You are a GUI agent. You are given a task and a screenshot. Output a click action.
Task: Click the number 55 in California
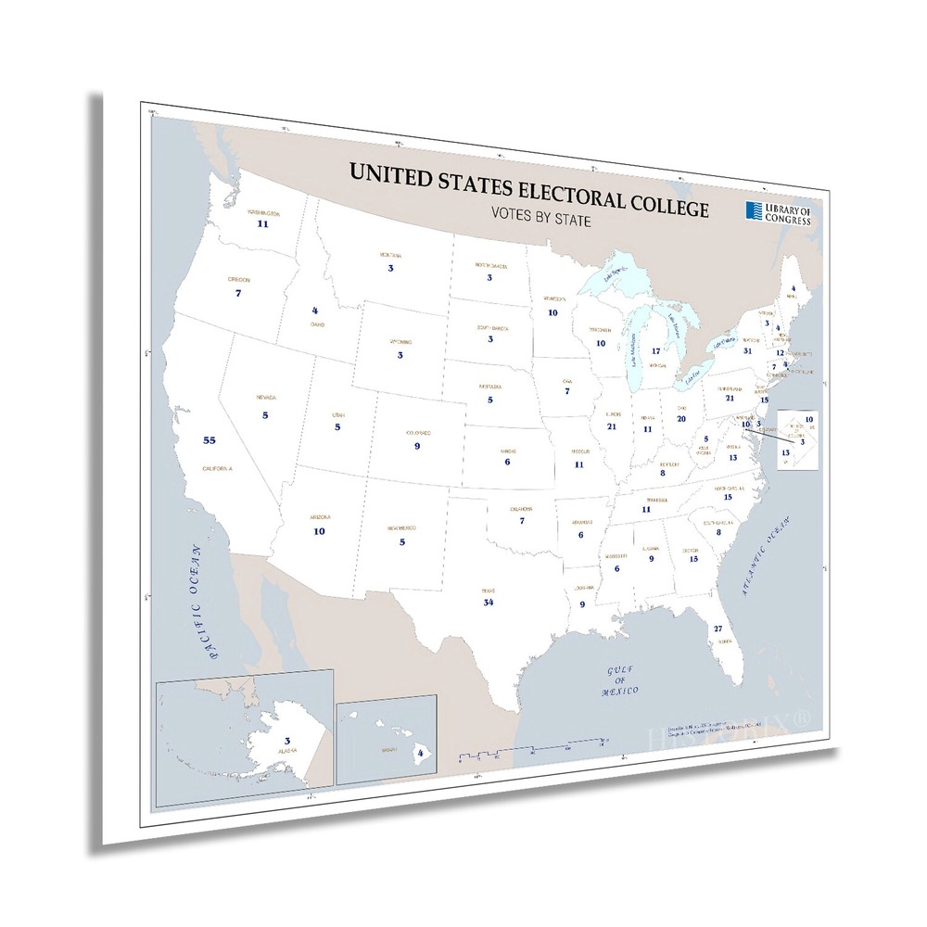coord(209,440)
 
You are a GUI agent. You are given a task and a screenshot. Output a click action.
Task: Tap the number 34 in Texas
coord(489,603)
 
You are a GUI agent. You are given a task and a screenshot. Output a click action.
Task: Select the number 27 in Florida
coord(717,629)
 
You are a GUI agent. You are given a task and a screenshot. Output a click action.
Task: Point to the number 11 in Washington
coord(263,223)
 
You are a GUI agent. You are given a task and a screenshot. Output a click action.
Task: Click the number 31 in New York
coord(747,350)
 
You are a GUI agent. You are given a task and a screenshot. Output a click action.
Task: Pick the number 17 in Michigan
coord(655,351)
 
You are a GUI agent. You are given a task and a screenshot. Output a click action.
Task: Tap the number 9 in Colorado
coord(418,446)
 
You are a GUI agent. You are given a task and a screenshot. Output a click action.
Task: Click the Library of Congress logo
coord(778,212)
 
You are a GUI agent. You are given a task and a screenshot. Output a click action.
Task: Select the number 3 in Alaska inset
coord(287,740)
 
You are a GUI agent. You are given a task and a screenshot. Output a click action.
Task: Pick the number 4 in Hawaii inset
coord(421,754)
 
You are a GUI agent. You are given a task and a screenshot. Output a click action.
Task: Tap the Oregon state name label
coord(238,279)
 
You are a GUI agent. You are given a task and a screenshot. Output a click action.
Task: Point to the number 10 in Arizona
coord(319,531)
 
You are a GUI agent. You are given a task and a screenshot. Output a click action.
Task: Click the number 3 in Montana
coord(390,268)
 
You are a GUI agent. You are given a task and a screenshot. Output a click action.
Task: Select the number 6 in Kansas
coord(507,462)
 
